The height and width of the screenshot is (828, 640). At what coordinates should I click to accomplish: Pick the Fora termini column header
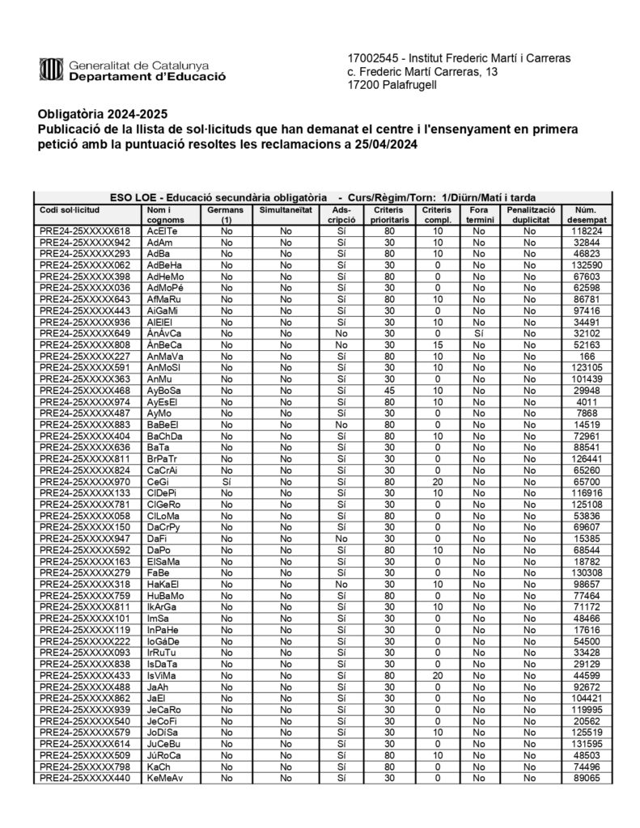tap(479, 214)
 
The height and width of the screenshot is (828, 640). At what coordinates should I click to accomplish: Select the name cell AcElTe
tap(163, 230)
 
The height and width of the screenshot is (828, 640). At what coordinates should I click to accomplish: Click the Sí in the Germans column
tap(227, 480)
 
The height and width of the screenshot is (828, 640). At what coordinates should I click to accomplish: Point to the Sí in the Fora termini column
tap(479, 332)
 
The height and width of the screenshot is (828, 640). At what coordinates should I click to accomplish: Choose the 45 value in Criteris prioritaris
tap(389, 390)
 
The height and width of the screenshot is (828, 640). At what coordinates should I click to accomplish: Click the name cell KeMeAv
tap(166, 778)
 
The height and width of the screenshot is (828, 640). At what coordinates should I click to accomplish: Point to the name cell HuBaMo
tap(166, 595)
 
